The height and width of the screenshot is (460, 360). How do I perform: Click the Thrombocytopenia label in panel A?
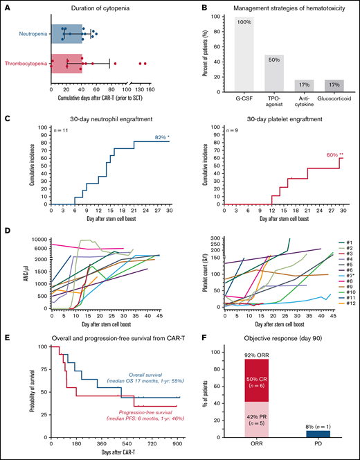(x=26, y=64)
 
